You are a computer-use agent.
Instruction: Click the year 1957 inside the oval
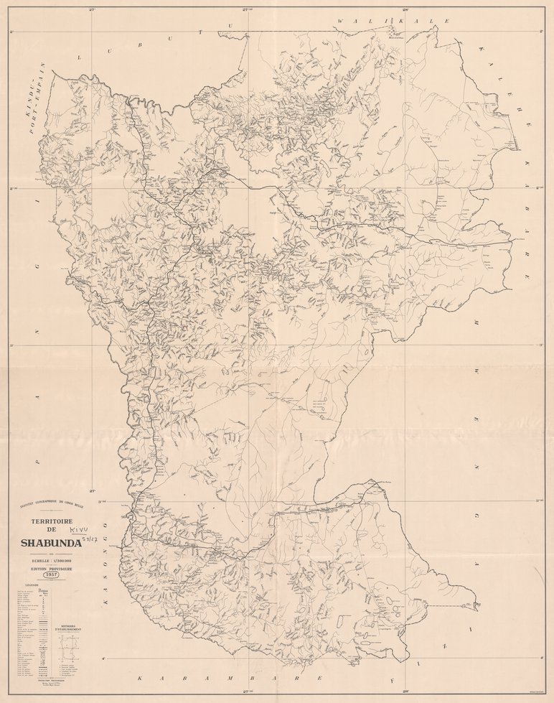coord(51,575)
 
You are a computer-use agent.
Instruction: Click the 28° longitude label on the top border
coord(405,10)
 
